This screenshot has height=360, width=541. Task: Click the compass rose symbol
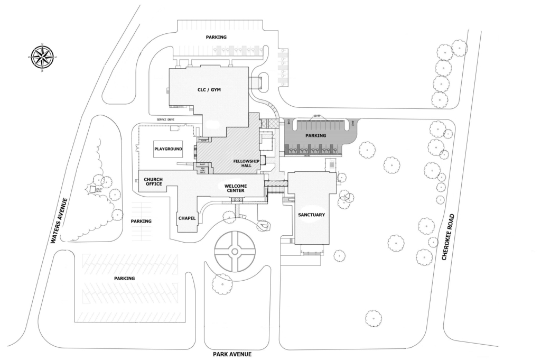42,57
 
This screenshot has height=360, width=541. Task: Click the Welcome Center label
236,188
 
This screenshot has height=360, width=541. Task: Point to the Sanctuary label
311,215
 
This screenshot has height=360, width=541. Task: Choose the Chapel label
187,218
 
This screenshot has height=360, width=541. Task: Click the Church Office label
153,182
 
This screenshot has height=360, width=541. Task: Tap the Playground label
168,149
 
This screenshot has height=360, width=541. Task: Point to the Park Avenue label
232,354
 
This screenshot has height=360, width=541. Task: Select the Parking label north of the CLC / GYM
216,38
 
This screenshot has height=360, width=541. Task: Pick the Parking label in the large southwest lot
124,278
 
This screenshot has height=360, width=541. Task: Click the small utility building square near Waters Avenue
91,189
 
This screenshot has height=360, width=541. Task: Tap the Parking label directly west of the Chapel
141,221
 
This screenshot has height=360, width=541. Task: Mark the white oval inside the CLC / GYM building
212,125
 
